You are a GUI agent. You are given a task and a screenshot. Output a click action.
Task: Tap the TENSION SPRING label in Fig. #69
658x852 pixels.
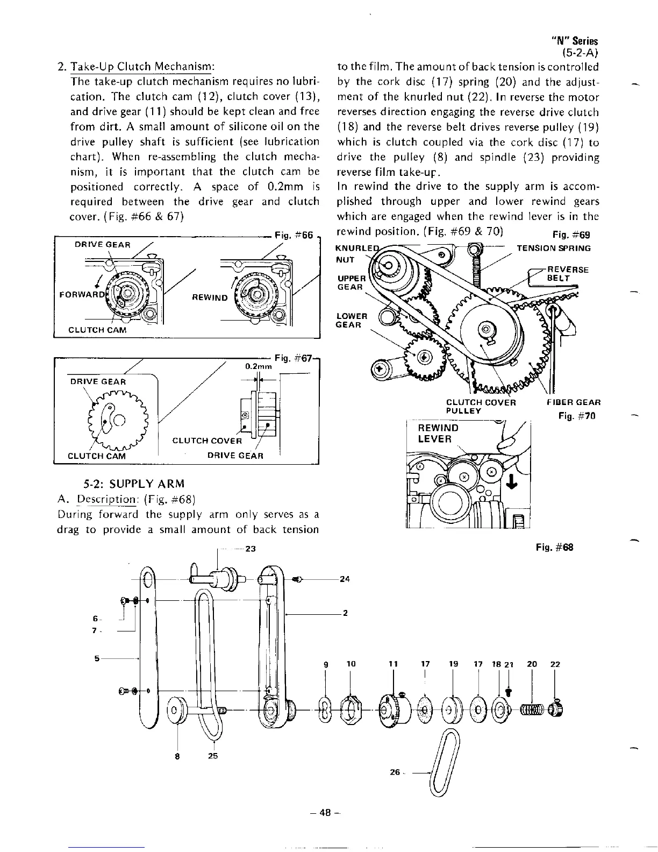click(553, 248)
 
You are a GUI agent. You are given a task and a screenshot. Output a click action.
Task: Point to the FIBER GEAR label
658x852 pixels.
click(573, 402)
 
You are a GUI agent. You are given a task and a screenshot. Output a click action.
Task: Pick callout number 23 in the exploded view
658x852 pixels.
click(249, 549)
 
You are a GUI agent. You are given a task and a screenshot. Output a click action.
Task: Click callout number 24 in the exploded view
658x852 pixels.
click(345, 579)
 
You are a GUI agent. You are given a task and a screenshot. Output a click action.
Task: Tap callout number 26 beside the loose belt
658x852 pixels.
click(395, 772)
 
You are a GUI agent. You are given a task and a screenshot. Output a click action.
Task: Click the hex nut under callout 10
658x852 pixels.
click(350, 711)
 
